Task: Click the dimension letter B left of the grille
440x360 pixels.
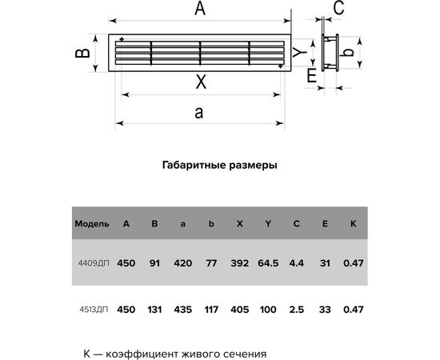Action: tap(81, 53)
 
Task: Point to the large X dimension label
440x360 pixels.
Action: tap(201, 81)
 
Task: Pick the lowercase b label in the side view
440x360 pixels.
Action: tap(346, 52)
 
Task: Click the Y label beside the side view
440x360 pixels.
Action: tap(296, 53)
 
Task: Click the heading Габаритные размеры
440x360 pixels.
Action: tap(220, 166)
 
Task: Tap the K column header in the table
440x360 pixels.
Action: tap(353, 223)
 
